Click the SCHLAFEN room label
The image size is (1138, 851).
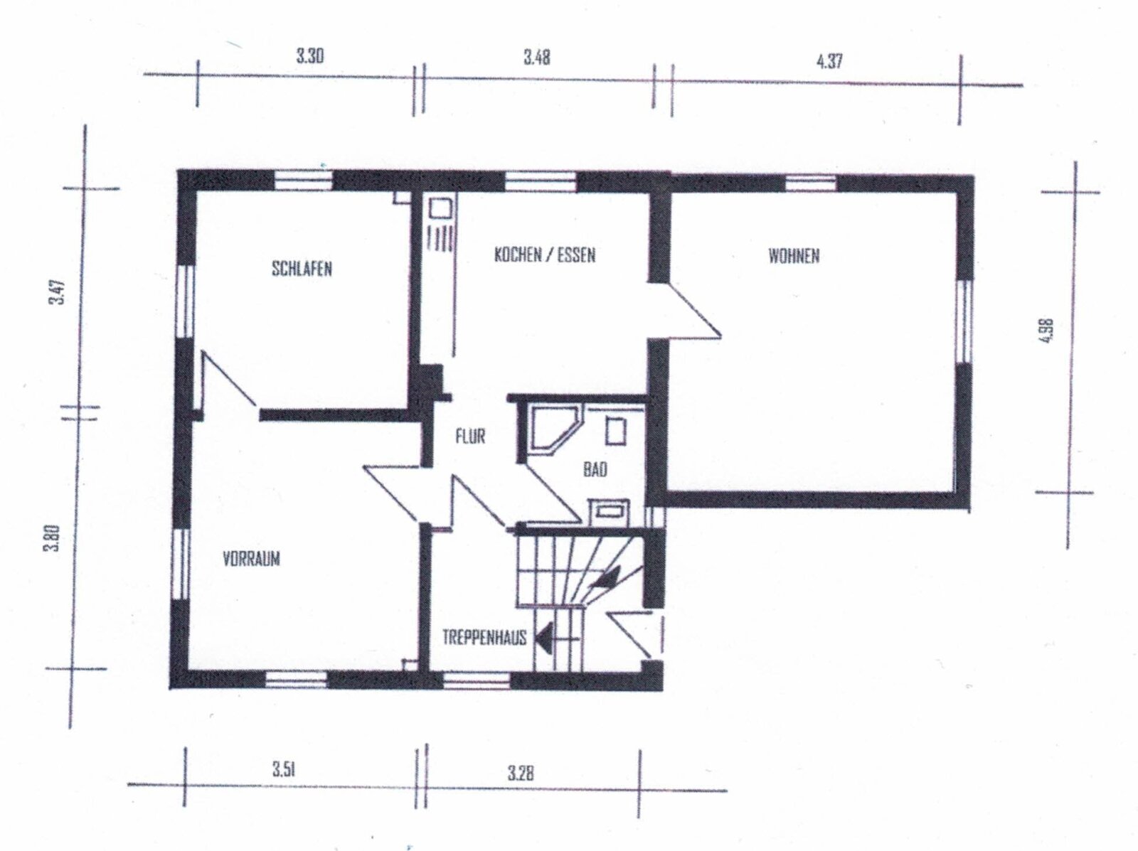pos(302,269)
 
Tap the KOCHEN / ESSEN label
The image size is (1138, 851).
pos(544,255)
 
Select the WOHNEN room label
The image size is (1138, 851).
pos(794,256)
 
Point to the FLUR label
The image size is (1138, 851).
pos(470,435)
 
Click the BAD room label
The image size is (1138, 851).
pos(595,469)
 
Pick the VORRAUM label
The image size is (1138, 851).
pos(251,558)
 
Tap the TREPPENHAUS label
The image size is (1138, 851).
pos(484,637)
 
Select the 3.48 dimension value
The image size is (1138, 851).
pos(537,58)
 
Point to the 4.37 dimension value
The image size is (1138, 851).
pos(829,60)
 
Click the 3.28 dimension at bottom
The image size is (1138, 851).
pos(521,772)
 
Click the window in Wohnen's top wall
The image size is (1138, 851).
pos(811,183)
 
